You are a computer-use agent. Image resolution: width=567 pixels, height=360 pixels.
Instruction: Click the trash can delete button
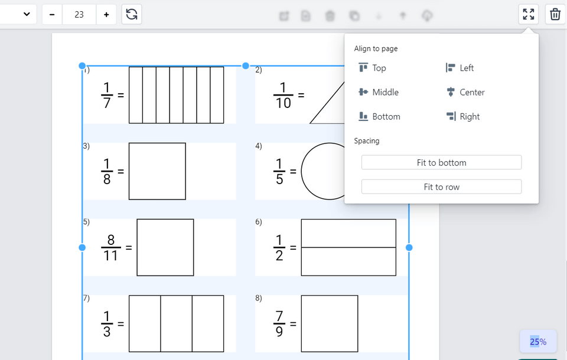555,14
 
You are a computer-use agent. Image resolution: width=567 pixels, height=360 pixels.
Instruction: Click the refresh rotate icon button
132,14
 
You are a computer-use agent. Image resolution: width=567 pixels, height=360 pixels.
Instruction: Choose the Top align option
373,68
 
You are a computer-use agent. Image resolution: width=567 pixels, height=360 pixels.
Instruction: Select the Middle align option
379,92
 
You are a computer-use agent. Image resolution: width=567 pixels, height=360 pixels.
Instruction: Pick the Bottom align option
379,116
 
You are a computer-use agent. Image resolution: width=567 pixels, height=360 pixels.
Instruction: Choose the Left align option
460,68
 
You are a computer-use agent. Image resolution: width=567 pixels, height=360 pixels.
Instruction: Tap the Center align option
465,92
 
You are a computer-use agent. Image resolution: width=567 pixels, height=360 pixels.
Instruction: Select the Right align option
463,116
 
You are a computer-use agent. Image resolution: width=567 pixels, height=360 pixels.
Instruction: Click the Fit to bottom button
441,162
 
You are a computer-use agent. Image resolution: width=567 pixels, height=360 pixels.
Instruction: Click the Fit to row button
441,186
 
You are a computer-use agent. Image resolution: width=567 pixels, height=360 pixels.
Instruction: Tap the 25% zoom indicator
538,341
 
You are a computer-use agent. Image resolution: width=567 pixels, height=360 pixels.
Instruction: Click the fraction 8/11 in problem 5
110,248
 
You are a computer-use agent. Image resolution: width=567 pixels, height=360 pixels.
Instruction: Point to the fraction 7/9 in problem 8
279,324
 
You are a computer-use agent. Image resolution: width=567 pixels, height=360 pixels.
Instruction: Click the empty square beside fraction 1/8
157,171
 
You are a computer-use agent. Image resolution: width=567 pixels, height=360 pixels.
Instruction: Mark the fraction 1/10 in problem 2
283,95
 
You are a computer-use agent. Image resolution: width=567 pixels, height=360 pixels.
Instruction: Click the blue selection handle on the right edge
409,247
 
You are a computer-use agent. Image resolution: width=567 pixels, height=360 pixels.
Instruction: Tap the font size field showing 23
79,14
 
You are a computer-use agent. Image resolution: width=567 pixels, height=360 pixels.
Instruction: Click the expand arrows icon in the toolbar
529,14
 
